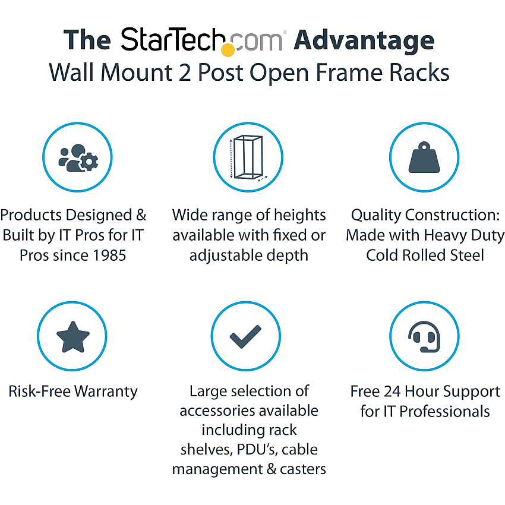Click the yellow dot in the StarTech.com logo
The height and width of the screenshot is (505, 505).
[228, 50]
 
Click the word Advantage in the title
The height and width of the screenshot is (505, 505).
[364, 41]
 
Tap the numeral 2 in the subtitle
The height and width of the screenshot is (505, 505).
[185, 72]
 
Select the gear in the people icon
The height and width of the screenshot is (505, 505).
[89, 162]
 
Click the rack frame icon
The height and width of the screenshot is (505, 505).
[248, 157]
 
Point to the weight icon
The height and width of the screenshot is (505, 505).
[424, 157]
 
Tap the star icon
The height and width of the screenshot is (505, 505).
[73, 337]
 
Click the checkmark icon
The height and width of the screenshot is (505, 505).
[245, 336]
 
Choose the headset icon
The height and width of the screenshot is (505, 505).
[424, 336]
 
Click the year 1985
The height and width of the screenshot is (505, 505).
[109, 255]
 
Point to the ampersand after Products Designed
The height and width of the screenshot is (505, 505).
[141, 215]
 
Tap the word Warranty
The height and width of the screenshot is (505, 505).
[106, 392]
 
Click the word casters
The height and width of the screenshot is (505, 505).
[303, 469]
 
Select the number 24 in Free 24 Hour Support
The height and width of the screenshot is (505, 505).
[392, 392]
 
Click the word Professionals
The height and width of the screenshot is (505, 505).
[444, 412]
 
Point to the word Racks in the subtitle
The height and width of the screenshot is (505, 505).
[419, 72]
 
